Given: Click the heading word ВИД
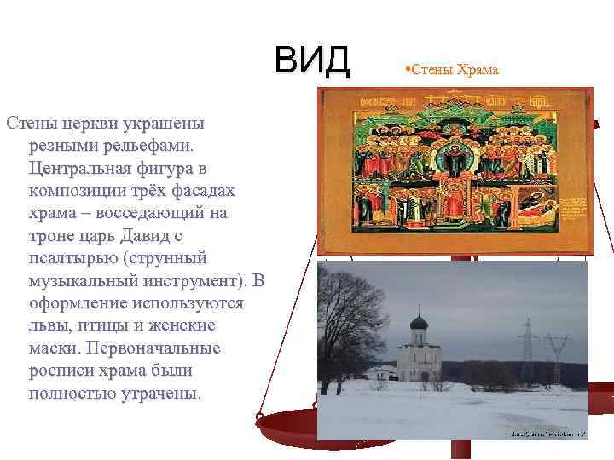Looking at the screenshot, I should click(x=312, y=60).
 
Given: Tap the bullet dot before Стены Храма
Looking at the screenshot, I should click(x=407, y=68).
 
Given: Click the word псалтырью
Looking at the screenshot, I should click(x=71, y=257).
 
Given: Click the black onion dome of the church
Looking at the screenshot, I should click(x=418, y=325).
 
